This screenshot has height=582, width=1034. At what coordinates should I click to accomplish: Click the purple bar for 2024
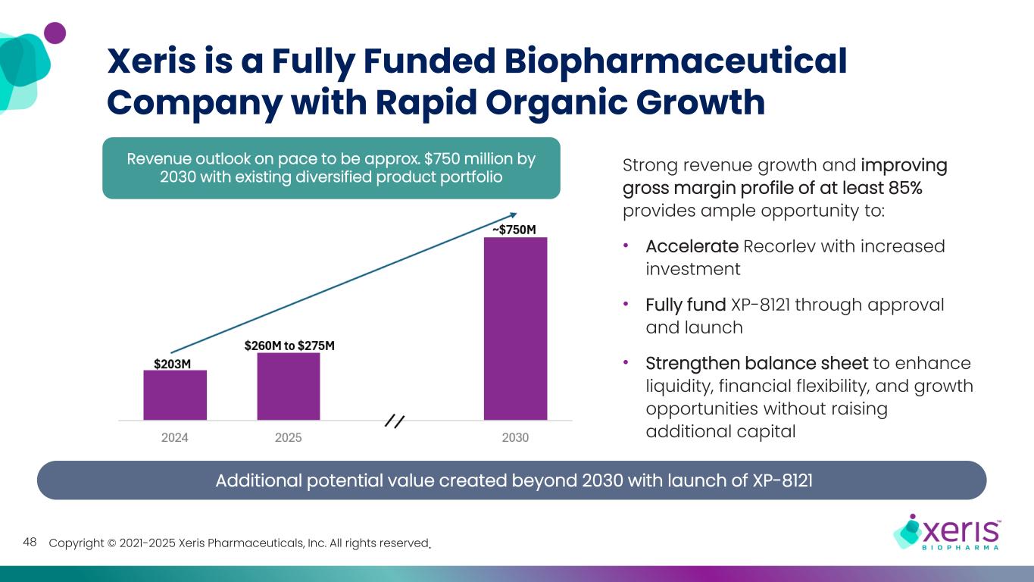175,395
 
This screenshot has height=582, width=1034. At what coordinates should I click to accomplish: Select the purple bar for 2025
289,386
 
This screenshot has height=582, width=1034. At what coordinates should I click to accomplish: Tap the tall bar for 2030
515,328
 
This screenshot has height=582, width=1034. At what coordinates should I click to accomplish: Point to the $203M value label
172,364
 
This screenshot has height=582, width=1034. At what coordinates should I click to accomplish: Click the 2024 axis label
175,438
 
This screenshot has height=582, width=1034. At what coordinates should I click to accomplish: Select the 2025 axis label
289,438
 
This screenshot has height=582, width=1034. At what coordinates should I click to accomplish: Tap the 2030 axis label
515,438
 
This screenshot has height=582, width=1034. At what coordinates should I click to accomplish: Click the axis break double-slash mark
395,421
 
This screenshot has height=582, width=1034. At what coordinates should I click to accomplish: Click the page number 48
30,542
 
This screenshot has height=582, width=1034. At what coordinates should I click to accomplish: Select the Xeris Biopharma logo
947,530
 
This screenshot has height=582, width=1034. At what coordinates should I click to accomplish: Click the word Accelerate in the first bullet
692,246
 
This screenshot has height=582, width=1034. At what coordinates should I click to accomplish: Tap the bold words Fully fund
686,305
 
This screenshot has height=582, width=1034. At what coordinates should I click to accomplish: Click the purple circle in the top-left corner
55,33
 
